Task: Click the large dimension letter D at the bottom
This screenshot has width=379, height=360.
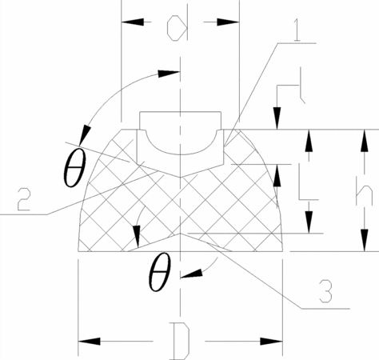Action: click(x=182, y=341)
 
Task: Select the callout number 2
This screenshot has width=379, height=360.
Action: click(x=23, y=199)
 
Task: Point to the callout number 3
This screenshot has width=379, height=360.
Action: click(x=325, y=291)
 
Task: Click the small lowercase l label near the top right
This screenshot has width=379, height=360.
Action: click(x=302, y=86)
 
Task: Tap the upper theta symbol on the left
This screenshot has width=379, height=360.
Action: click(x=75, y=169)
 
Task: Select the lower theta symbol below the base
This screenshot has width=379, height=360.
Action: click(x=159, y=272)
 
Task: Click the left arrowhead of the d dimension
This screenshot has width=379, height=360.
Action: click(x=133, y=22)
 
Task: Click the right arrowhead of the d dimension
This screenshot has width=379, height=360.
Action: click(x=228, y=22)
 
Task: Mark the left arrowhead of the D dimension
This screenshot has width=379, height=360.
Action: click(x=89, y=341)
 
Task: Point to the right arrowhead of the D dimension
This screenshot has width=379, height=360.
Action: click(x=271, y=341)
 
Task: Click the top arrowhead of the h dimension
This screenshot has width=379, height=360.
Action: click(x=365, y=141)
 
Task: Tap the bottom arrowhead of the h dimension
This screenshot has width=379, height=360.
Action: click(x=365, y=240)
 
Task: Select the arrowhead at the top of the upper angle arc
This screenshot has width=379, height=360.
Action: click(x=168, y=74)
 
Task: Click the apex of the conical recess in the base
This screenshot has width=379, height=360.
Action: click(x=181, y=234)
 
